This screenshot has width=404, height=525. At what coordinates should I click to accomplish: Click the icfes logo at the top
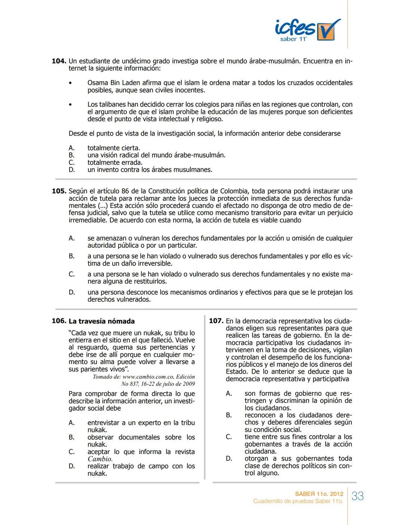[x=307, y=30]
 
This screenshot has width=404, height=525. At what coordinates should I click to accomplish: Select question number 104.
[x=59, y=61]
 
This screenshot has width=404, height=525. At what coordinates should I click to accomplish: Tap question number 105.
[x=59, y=191]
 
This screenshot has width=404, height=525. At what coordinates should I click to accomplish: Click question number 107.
[x=216, y=321]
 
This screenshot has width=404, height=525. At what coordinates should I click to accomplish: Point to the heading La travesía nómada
[x=101, y=321]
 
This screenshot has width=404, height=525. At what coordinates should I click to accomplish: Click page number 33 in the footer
[x=358, y=496]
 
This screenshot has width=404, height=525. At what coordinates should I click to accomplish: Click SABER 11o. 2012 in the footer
[x=319, y=494]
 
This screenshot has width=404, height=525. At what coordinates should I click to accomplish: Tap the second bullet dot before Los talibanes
[x=70, y=105]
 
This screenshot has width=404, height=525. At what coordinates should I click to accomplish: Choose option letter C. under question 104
[x=72, y=163]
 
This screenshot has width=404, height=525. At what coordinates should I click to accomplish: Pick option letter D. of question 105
[x=72, y=292]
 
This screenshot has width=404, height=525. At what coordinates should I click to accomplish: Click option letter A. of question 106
[x=72, y=423]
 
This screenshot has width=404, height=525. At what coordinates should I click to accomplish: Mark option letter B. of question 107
[x=229, y=415]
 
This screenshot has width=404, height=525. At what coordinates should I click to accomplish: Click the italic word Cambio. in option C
[x=100, y=459]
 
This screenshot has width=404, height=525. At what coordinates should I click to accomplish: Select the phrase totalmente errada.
[x=115, y=163]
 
